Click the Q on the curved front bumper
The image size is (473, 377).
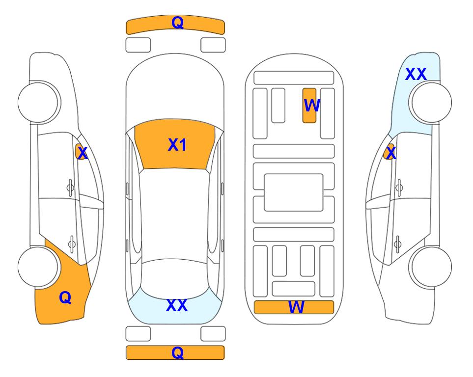click(x=177, y=23)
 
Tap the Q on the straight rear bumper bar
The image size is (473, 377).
click(x=177, y=352)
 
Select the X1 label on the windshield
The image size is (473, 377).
click(x=177, y=145)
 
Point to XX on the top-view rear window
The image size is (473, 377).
click(x=177, y=305)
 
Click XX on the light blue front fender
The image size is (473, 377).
click(x=416, y=74)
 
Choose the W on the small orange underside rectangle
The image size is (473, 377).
click(x=311, y=106)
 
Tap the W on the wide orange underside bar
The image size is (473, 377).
click(x=296, y=307)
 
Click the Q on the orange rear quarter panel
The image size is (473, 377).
click(x=65, y=297)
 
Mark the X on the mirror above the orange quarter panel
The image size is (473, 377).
click(x=83, y=153)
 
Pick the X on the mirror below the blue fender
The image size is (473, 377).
click(x=391, y=153)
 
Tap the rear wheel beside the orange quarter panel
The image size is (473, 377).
click(x=38, y=267)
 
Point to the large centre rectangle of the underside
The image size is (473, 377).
click(x=294, y=192)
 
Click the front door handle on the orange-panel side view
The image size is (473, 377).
click(x=70, y=188)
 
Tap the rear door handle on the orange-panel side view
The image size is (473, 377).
click(x=72, y=243)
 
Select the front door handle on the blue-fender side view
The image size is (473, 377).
click(x=399, y=188)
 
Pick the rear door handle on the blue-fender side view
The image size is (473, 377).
click(x=397, y=244)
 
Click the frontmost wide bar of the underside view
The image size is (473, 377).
click(x=294, y=78)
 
